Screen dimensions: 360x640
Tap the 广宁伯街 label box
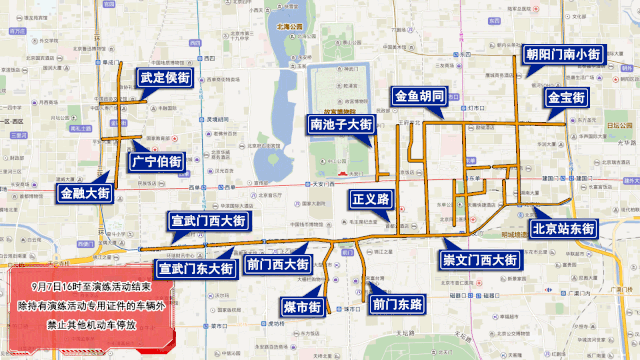pyautogui.click(x=157, y=160)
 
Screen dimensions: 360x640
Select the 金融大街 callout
pyautogui.click(x=85, y=193)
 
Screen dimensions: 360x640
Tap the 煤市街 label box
pyautogui.click(x=301, y=305)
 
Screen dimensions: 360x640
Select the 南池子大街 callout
pyautogui.click(x=340, y=125)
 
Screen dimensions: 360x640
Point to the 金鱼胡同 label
pyautogui.click(x=426, y=97)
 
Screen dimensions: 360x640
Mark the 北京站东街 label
pyautogui.click(x=565, y=228)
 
